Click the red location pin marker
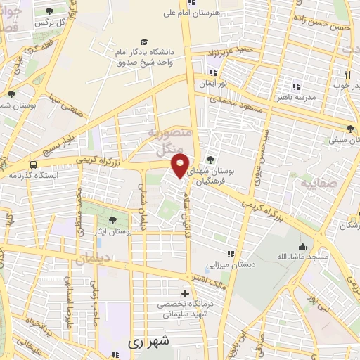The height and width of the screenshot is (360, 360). [x=181, y=166]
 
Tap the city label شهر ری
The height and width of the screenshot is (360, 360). [x=149, y=342]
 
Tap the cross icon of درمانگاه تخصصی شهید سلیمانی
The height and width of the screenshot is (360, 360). [x=186, y=293]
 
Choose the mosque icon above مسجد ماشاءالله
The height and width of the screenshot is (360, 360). [x=302, y=247]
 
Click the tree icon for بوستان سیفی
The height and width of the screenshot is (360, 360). [x=351, y=129]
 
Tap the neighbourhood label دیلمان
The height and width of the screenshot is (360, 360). [x=91, y=259]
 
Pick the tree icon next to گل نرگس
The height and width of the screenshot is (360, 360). [x=50, y=11]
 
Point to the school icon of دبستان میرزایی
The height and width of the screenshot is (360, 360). [x=230, y=254]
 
